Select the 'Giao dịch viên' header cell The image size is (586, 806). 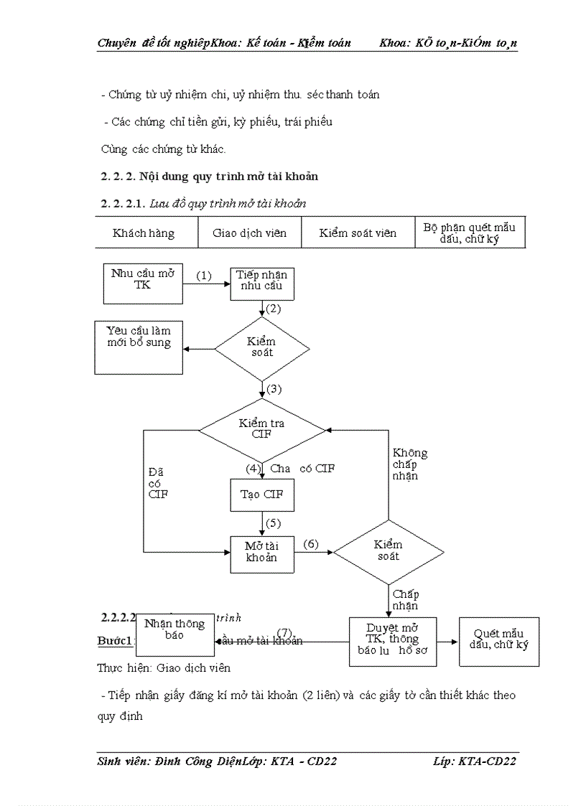coord(249,233)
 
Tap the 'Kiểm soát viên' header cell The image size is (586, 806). coord(358,233)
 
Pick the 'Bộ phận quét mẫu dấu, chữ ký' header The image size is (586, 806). coord(470,233)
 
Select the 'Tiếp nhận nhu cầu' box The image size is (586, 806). coord(262,283)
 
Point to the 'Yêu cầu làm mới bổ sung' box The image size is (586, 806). coord(139,347)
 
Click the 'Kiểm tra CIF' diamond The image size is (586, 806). coord(262,429)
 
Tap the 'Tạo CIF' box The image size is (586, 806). coord(262,494)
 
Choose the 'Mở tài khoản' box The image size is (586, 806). coord(262,553)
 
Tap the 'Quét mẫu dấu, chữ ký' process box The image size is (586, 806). coord(499,640)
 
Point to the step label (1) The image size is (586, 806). coord(205,276)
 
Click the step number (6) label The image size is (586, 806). coord(310,544)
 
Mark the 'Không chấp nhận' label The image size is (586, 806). coord(410,464)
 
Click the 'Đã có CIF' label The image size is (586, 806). coord(157,483)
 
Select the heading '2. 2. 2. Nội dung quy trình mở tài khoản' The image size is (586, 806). coord(209,176)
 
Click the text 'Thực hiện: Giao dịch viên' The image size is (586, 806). coord(164,668)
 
